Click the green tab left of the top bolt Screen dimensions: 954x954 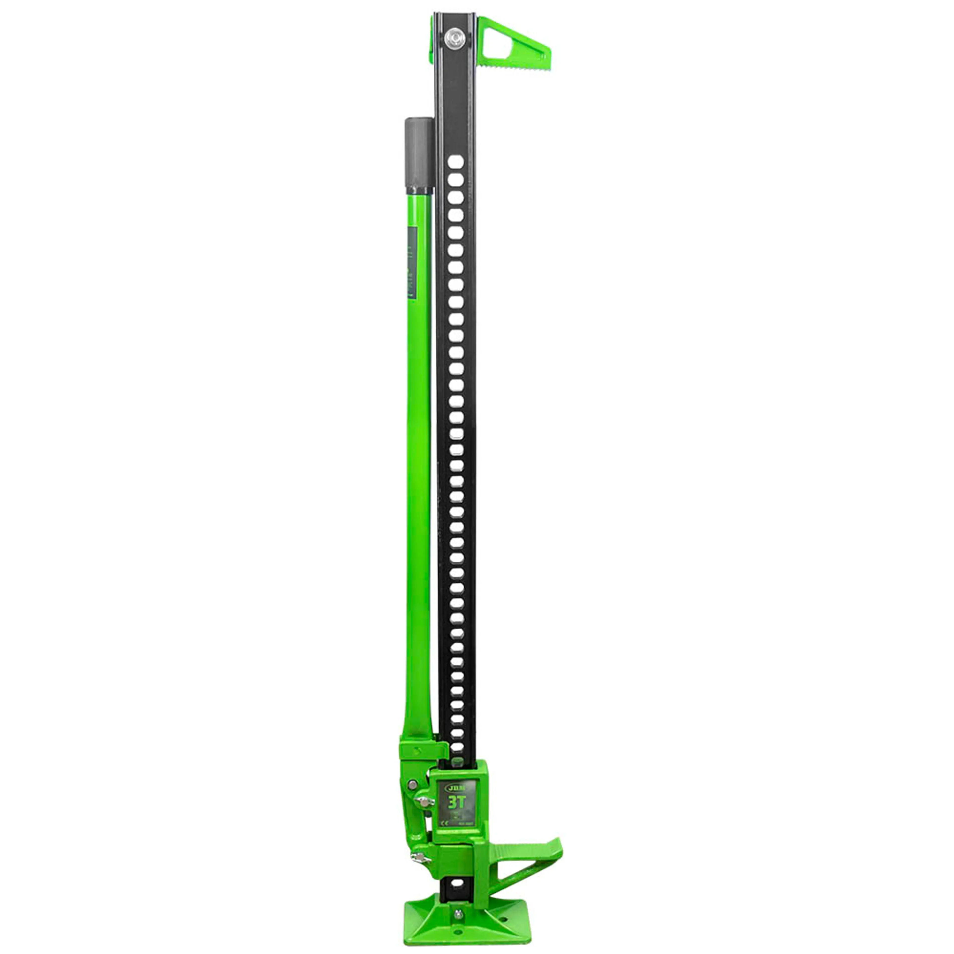(433, 37)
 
